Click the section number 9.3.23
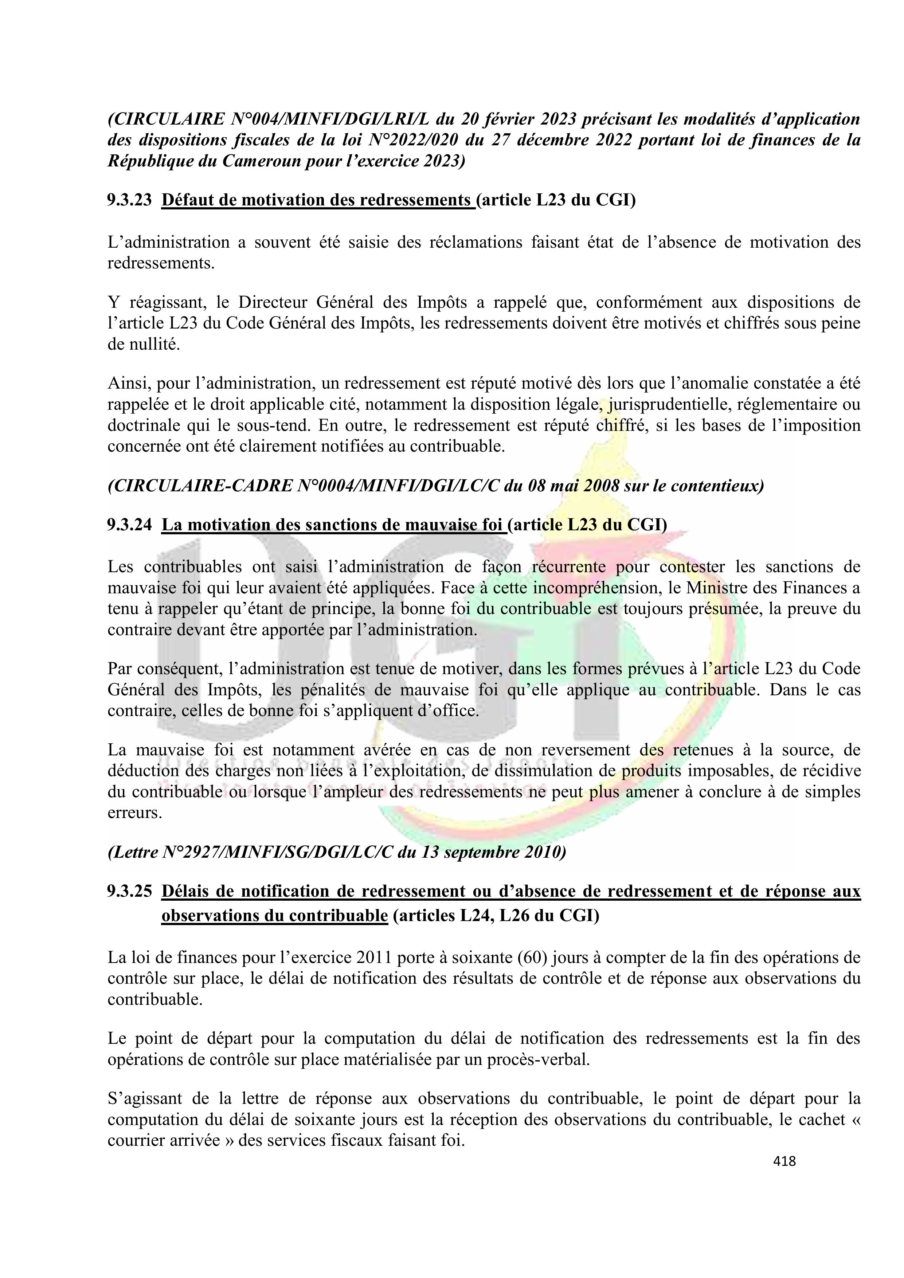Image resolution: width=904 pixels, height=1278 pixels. click(129, 200)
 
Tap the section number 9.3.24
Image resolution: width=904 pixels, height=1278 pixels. click(129, 524)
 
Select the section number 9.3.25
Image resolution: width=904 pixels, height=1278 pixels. click(129, 891)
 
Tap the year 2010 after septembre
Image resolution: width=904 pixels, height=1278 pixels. click(540, 852)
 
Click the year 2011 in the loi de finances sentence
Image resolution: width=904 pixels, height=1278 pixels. click(373, 957)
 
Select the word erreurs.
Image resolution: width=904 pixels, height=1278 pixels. click(135, 813)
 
